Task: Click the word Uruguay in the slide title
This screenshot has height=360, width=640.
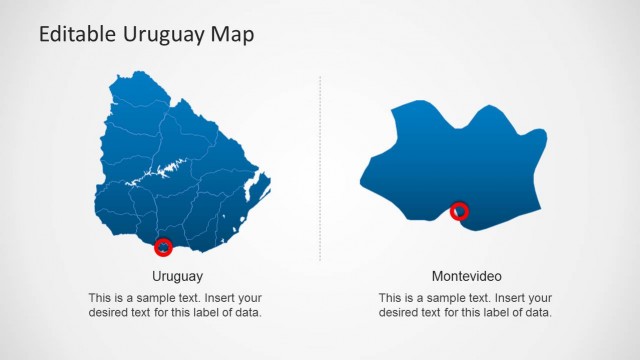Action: click(159, 35)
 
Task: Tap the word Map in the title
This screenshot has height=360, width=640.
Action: click(232, 35)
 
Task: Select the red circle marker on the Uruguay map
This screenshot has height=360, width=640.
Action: click(164, 247)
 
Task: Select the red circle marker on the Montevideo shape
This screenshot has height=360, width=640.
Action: click(459, 211)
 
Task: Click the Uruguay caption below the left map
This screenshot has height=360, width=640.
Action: click(178, 276)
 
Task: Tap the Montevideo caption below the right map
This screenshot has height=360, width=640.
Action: click(467, 276)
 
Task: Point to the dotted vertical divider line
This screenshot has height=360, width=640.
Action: click(320, 170)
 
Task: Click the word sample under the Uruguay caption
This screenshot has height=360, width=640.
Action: click(163, 298)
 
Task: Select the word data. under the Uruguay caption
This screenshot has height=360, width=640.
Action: click(257, 313)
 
